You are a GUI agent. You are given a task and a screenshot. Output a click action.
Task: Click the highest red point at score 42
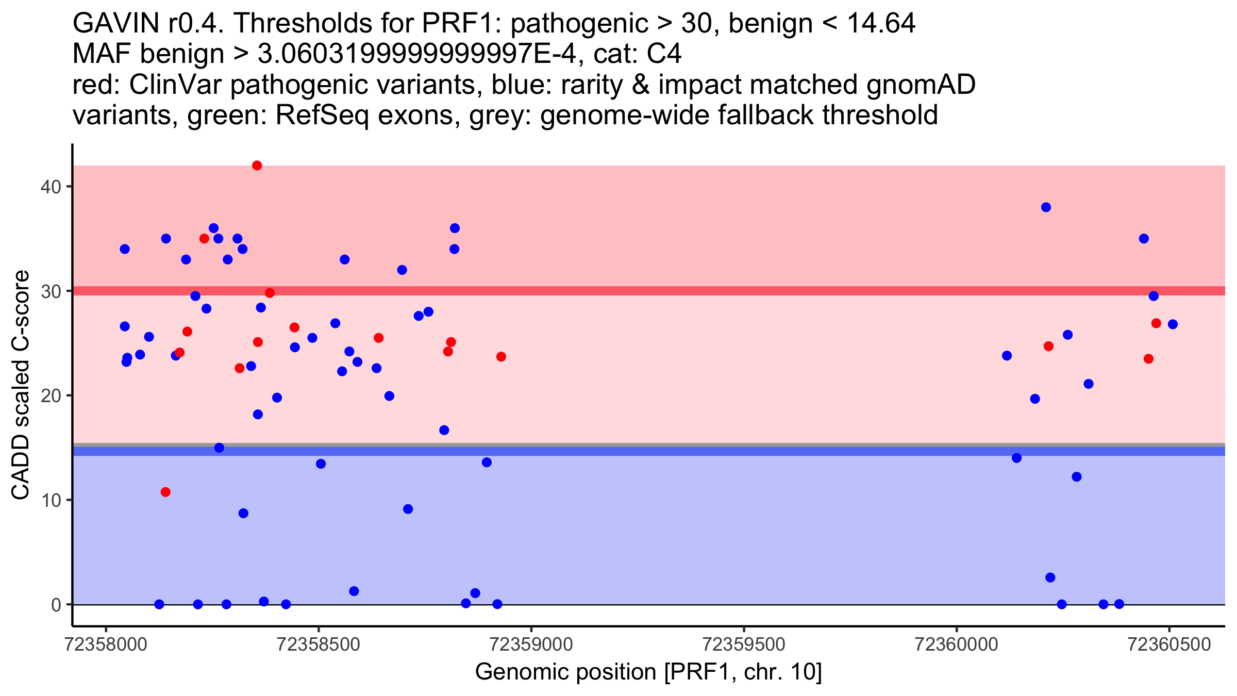pyautogui.click(x=257, y=165)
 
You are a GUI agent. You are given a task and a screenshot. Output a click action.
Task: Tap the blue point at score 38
pyautogui.click(x=1046, y=207)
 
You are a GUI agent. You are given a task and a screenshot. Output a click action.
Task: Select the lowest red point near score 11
pyautogui.click(x=165, y=492)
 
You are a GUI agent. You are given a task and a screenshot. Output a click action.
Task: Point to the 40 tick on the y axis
pyautogui.click(x=69, y=186)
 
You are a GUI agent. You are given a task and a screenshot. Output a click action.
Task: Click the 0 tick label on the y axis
pyautogui.click(x=56, y=605)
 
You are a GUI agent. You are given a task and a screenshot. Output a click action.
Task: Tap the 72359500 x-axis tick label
pyautogui.click(x=744, y=645)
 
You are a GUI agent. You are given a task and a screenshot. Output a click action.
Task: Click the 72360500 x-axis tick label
pyautogui.click(x=1169, y=645)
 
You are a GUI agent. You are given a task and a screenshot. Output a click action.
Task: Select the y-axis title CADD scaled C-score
pyautogui.click(x=21, y=385)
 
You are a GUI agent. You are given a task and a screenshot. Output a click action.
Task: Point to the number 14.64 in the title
pyautogui.click(x=881, y=23)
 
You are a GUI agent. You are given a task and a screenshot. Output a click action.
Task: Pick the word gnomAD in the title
pyautogui.click(x=921, y=86)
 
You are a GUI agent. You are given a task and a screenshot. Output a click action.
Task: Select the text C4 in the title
pyautogui.click(x=665, y=54)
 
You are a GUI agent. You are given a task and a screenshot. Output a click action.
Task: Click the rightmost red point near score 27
pyautogui.click(x=1156, y=323)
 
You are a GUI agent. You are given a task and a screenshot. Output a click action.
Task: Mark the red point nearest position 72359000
pyautogui.click(x=501, y=357)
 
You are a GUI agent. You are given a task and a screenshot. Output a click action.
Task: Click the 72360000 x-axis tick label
pyautogui.click(x=957, y=645)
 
